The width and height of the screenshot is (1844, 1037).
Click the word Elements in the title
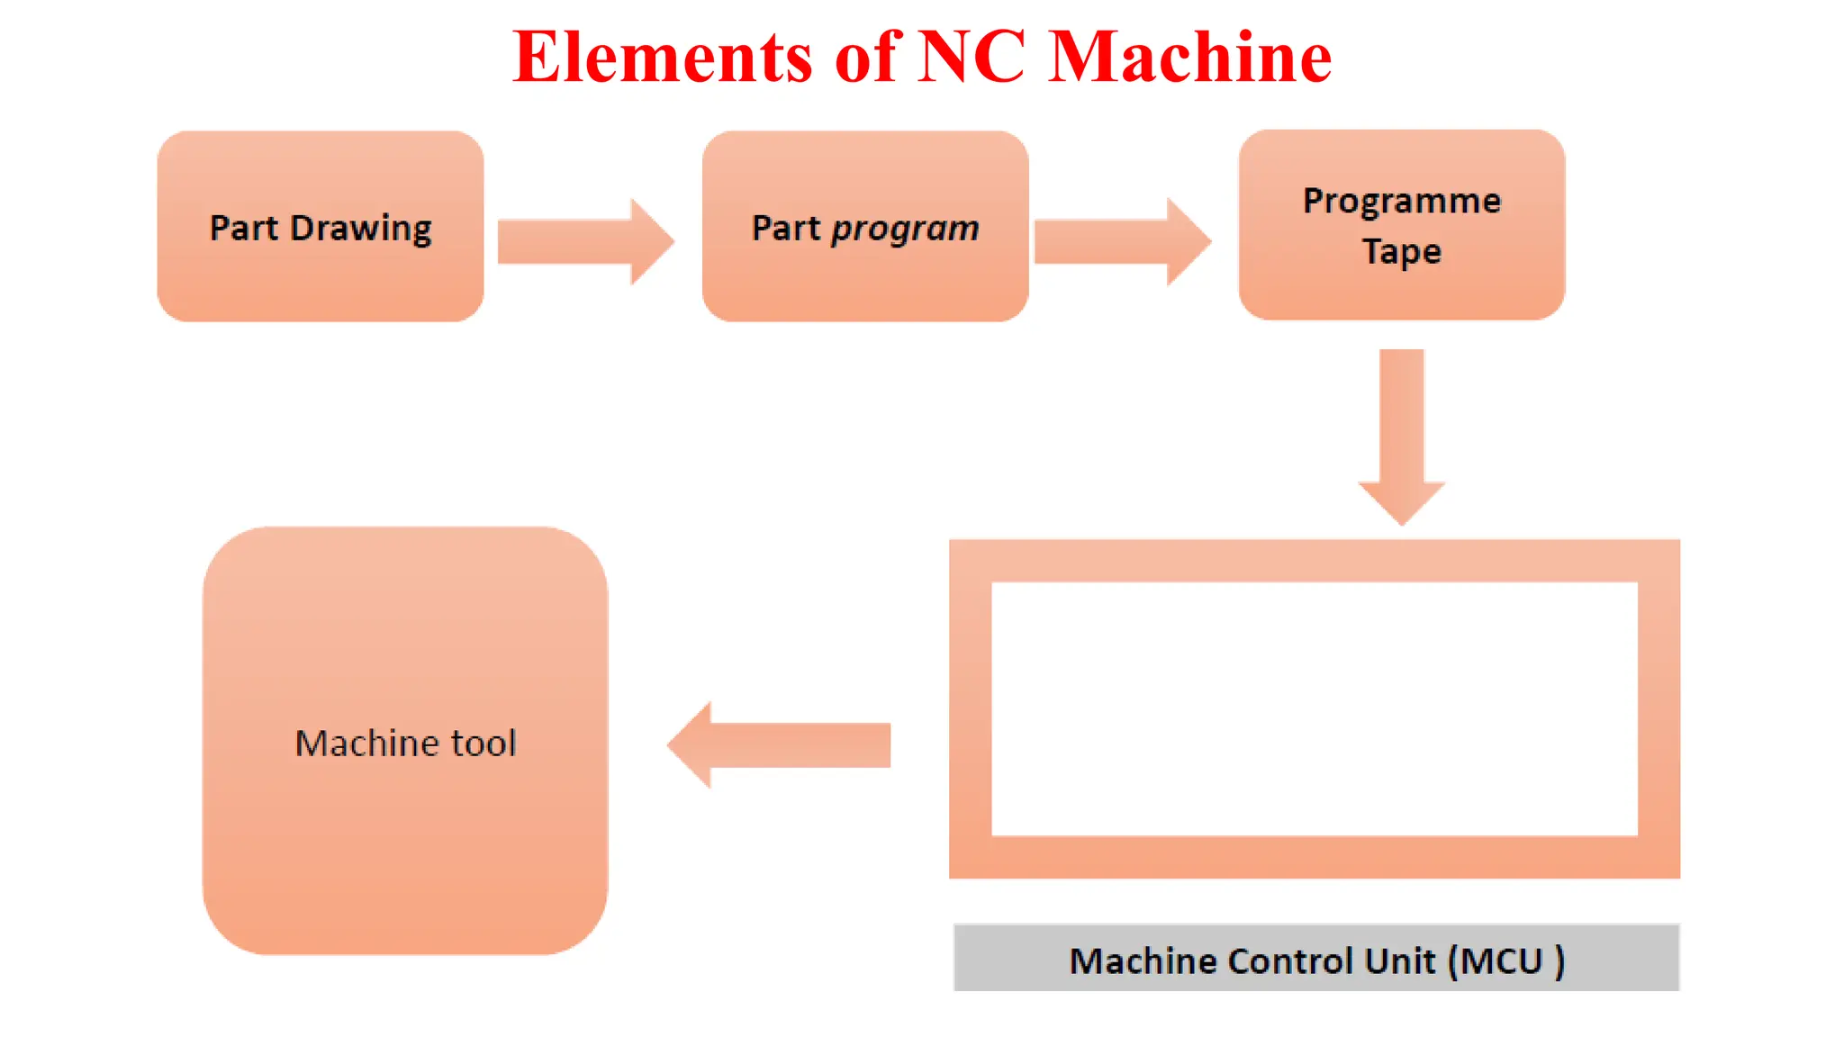pyautogui.click(x=663, y=58)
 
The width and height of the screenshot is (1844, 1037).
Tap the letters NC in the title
pyautogui.click(x=972, y=58)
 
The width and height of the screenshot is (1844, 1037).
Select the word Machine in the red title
pyautogui.click(x=1190, y=58)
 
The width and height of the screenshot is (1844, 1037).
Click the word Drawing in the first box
pyautogui.click(x=360, y=229)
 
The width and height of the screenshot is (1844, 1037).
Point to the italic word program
pyautogui.click(x=905, y=229)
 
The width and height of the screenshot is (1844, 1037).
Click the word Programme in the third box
pyautogui.click(x=1402, y=201)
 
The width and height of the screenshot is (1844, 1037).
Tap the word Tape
pyautogui.click(x=1401, y=251)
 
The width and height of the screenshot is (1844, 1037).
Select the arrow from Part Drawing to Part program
pyautogui.click(x=585, y=241)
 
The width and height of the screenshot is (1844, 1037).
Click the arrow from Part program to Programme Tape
pyautogui.click(x=1122, y=241)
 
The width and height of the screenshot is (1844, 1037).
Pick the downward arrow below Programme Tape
pyautogui.click(x=1402, y=437)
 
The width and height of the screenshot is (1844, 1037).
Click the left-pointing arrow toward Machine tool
pyautogui.click(x=779, y=744)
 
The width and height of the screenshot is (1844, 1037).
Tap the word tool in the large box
pyautogui.click(x=484, y=744)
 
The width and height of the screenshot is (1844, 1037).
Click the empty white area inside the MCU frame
pyautogui.click(x=1315, y=708)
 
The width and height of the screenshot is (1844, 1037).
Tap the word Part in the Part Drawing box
pyautogui.click(x=243, y=229)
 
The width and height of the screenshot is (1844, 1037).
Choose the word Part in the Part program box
pyautogui.click(x=786, y=229)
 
